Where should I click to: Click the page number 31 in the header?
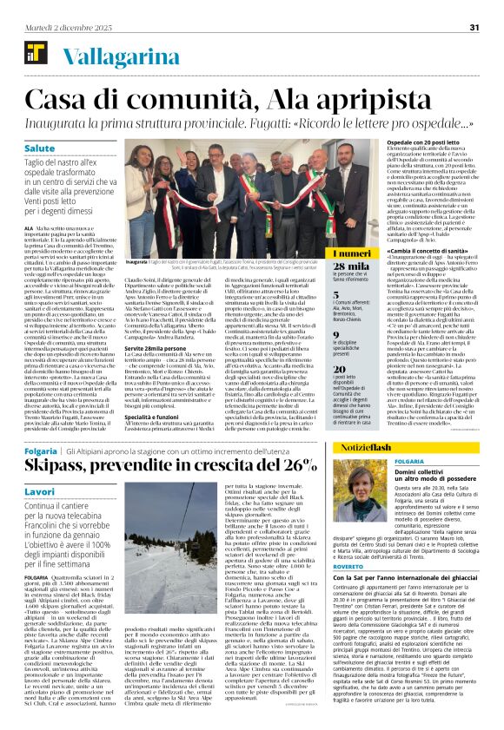point(474,27)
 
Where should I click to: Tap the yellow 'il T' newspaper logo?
point(32,53)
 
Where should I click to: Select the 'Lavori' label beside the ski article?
point(41,491)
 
